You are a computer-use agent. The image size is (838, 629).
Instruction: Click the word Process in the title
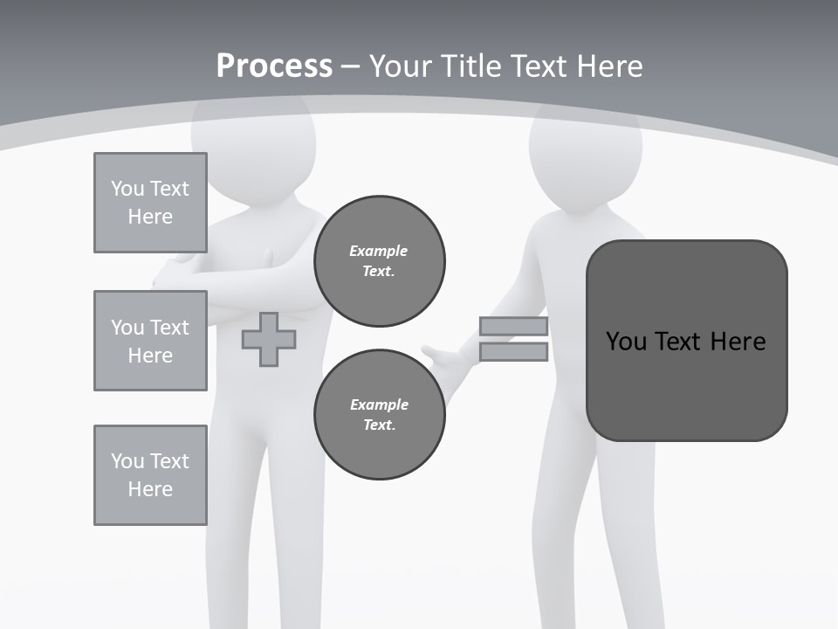pyautogui.click(x=274, y=66)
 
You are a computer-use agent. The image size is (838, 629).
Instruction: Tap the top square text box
pyautogui.click(x=150, y=203)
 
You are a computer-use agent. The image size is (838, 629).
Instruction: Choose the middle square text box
pyautogui.click(x=150, y=341)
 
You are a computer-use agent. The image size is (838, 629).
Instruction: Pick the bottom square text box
pyautogui.click(x=150, y=475)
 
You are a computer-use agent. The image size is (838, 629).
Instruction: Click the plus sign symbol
pyautogui.click(x=268, y=340)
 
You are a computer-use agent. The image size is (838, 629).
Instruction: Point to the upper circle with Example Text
pyautogui.click(x=379, y=261)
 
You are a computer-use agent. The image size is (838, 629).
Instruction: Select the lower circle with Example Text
pyautogui.click(x=379, y=415)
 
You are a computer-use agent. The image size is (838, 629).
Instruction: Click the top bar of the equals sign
pyautogui.click(x=513, y=327)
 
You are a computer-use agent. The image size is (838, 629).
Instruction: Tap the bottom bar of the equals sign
pyautogui.click(x=513, y=352)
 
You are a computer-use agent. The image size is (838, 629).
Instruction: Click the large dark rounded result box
pyautogui.click(x=686, y=341)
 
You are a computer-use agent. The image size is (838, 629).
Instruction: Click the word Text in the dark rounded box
pyautogui.click(x=679, y=341)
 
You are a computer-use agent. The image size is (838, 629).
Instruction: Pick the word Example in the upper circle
pyautogui.click(x=379, y=251)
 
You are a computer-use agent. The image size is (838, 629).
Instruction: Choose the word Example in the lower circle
pyautogui.click(x=379, y=404)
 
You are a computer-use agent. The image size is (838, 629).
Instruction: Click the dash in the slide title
pyautogui.click(x=351, y=66)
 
